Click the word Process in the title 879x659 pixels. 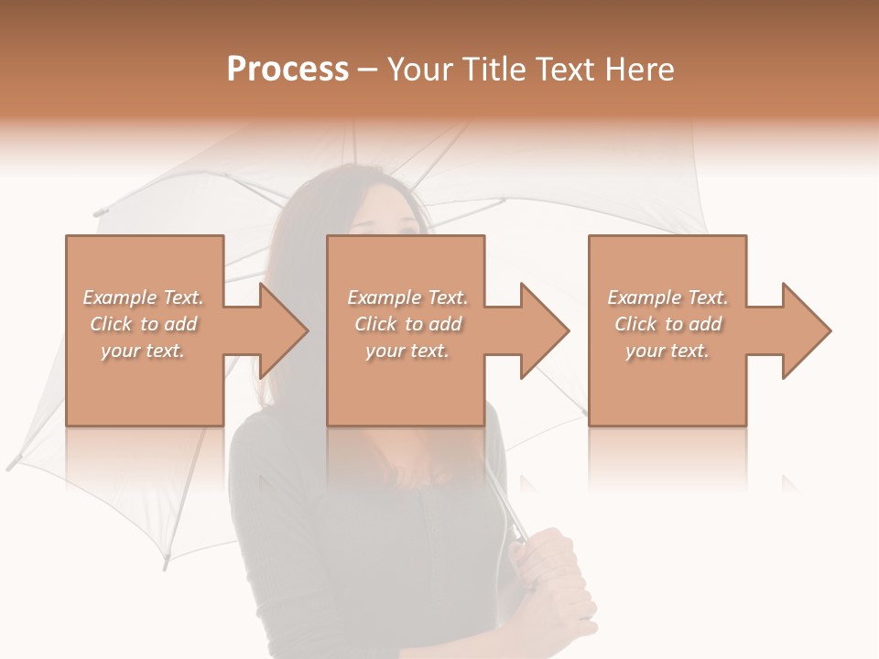(288, 70)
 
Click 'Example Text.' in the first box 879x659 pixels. (143, 297)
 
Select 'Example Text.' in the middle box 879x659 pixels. (407, 297)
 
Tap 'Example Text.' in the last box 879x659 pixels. (667, 297)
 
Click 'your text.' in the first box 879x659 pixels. (143, 351)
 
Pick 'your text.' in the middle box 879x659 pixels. (407, 351)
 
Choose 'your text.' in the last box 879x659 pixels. (667, 351)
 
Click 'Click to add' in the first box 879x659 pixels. (143, 324)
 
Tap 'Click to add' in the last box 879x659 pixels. (667, 324)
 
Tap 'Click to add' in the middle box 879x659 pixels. (407, 324)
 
